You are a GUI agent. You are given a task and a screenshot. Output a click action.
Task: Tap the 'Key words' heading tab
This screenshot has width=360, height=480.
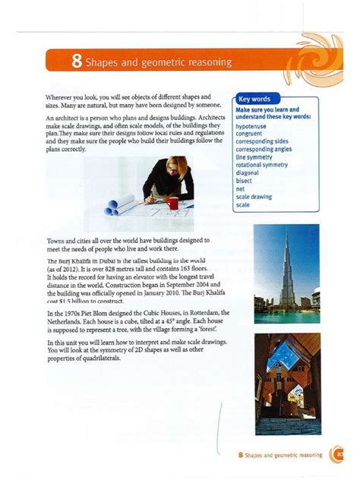point(255,99)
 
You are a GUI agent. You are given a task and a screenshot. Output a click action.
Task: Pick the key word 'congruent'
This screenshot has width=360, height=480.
point(250,134)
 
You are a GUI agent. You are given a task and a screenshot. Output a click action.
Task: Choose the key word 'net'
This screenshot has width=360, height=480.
point(240,188)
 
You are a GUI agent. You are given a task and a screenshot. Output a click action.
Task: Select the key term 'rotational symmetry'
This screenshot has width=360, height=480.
point(262,165)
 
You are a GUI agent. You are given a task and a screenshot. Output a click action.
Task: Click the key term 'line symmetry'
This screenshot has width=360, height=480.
point(254,157)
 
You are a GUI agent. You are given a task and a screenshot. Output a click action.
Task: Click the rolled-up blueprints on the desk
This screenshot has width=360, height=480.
point(121,204)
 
